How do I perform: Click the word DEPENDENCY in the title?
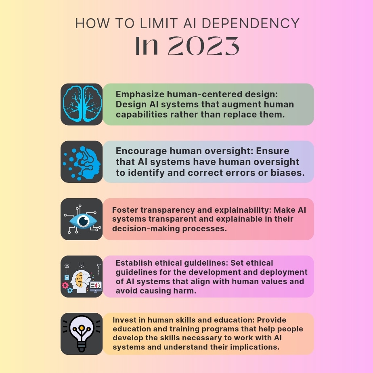click(x=251, y=24)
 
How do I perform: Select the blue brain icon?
click(x=82, y=104)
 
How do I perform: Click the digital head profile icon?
click(x=82, y=161)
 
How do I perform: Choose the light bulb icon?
click(x=82, y=334)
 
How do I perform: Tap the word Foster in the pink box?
click(x=123, y=210)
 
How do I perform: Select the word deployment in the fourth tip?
click(x=272, y=272)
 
